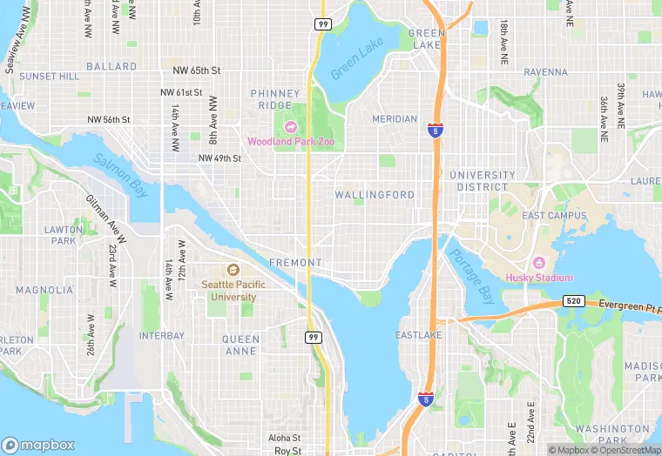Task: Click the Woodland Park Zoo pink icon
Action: click(290, 127)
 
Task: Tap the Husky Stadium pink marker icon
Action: click(538, 264)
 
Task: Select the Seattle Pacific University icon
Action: click(233, 270)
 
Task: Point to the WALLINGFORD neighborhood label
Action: click(375, 195)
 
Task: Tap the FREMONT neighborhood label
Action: click(295, 262)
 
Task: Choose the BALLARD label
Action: click(111, 66)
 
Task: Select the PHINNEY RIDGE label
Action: click(276, 99)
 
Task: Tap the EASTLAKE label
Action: click(418, 335)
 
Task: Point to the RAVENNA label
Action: click(545, 72)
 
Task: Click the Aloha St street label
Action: click(284, 438)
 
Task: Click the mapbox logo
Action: click(38, 444)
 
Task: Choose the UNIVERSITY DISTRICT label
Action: click(483, 181)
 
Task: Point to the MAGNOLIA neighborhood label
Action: click(44, 290)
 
